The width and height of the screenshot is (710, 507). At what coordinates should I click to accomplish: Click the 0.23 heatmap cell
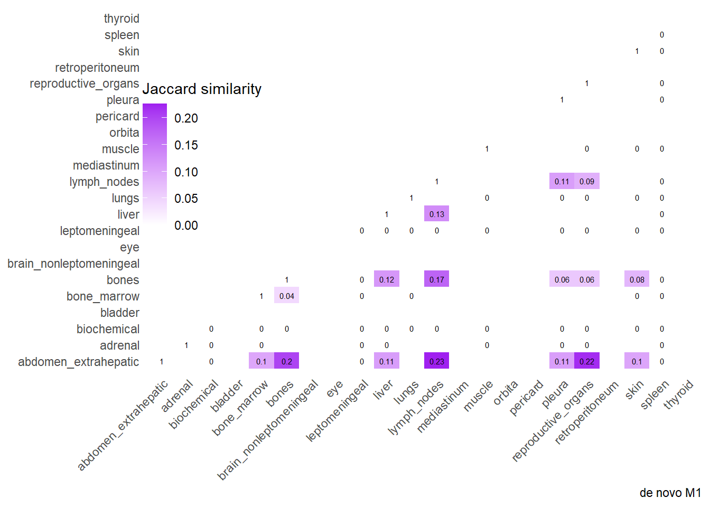(436, 361)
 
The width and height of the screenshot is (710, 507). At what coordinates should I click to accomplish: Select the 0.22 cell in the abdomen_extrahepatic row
(586, 361)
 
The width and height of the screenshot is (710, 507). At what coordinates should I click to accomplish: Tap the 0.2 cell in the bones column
(286, 361)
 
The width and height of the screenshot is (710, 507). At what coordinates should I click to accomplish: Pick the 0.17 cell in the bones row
(436, 279)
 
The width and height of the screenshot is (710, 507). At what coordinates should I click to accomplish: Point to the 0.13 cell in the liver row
(436, 214)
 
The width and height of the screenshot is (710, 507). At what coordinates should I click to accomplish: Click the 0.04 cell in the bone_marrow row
(286, 296)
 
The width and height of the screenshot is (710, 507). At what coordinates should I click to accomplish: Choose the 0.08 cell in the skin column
(637, 279)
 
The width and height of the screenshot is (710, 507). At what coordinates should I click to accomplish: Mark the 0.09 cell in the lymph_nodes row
(586, 181)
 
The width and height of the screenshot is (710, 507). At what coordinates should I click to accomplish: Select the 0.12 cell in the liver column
(386, 279)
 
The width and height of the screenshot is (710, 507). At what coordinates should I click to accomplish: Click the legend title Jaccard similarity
(202, 89)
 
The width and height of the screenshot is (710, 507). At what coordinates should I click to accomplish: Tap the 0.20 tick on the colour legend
(186, 118)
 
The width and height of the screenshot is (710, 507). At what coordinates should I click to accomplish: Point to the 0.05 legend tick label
(186, 199)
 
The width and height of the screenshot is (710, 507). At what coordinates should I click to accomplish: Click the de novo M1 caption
(670, 493)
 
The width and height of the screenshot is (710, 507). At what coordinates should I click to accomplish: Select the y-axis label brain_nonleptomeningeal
(73, 264)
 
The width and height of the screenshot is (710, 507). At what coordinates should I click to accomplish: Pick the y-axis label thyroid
(122, 18)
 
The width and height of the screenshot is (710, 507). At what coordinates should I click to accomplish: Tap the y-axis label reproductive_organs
(85, 83)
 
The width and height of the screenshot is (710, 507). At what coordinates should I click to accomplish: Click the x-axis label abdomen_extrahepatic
(123, 425)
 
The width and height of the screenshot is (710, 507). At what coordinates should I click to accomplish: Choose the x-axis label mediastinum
(443, 407)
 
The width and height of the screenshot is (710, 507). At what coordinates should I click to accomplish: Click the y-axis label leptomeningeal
(99, 231)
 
